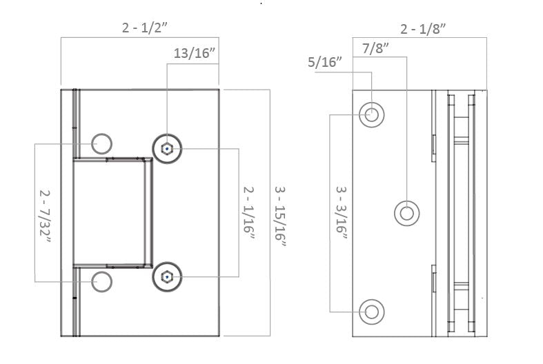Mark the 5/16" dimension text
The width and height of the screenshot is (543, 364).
325,63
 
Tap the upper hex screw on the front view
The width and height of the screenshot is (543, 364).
167,148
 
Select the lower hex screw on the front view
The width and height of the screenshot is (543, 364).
167,277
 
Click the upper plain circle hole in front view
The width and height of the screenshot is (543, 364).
101,143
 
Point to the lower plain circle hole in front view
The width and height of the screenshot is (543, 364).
101,281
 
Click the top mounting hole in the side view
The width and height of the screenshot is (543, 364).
372,114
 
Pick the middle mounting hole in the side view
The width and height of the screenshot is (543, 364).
406,213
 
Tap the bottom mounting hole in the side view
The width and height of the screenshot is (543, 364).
372,311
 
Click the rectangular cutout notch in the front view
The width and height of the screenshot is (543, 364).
112,212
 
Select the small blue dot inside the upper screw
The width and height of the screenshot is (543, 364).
167,148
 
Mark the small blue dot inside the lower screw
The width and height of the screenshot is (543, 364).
167,277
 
